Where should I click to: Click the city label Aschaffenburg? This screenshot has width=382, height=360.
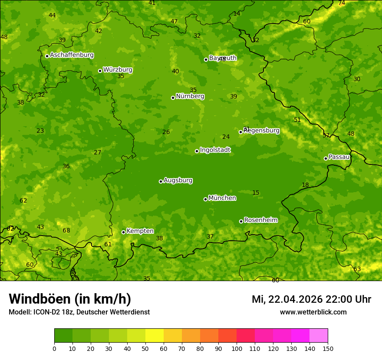pyautogui.click(x=72, y=55)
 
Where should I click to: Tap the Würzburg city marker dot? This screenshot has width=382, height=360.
pyautogui.click(x=100, y=71)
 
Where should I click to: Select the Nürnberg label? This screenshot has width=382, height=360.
pyautogui.click(x=190, y=96)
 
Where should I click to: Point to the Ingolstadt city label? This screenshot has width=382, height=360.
pyautogui.click(x=215, y=150)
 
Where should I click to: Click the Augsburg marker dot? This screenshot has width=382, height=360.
pyautogui.click(x=161, y=181)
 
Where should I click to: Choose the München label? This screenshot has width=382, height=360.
pyautogui.click(x=222, y=198)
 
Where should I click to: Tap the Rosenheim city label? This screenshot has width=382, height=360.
pyautogui.click(x=260, y=220)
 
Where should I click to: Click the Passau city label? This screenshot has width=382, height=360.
pyautogui.click(x=339, y=157)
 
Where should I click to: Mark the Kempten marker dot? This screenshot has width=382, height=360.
pyautogui.click(x=123, y=232)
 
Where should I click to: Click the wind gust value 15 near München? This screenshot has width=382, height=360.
pyautogui.click(x=256, y=193)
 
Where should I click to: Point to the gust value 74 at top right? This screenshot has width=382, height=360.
pyautogui.click(x=342, y=3)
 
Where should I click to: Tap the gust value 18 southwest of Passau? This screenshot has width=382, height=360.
pyautogui.click(x=305, y=185)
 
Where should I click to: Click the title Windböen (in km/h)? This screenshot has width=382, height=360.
pyautogui.click(x=70, y=299)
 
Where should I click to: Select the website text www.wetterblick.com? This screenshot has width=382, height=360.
pyautogui.click(x=313, y=312)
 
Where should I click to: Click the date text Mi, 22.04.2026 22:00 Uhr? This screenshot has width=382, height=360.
pyautogui.click(x=311, y=299)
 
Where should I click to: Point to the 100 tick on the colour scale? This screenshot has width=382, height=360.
pyautogui.click(x=237, y=348)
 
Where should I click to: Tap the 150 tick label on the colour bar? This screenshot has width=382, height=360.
pyautogui.click(x=328, y=348)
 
